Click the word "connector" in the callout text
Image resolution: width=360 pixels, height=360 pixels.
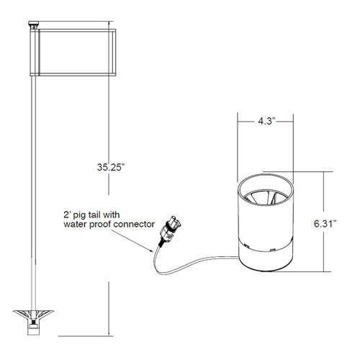point(133,225)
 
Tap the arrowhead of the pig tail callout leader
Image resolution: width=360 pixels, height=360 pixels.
point(153,248)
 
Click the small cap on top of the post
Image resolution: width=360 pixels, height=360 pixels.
point(32,26)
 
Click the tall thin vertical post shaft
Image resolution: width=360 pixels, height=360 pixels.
point(32,180)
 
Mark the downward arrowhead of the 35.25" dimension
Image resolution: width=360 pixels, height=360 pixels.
point(109,332)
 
